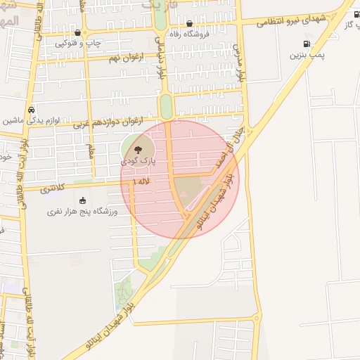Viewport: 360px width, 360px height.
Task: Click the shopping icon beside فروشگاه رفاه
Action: tap(189, 24)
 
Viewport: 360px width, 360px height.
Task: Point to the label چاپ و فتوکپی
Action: tap(79, 44)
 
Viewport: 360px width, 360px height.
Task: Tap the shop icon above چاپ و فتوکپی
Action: tap(77, 32)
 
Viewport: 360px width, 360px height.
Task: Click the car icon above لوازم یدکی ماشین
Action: tap(31, 110)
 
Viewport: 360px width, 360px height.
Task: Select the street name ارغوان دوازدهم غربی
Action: tap(108, 123)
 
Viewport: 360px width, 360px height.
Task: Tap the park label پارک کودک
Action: tap(138, 161)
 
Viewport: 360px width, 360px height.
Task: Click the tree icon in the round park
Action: tap(137, 149)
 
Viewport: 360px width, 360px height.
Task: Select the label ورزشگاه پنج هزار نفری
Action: tap(79, 211)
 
